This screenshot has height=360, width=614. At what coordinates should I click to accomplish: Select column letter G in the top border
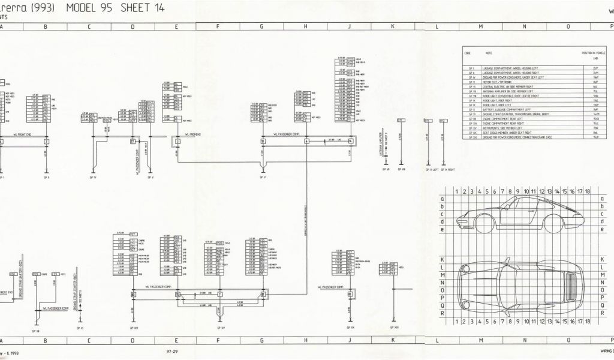[261, 26]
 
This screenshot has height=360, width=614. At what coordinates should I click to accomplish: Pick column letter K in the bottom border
[393, 340]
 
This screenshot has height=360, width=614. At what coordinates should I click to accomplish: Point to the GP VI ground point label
[262, 178]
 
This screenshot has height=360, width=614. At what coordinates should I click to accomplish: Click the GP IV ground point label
[94, 178]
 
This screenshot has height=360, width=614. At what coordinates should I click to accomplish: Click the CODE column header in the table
[468, 52]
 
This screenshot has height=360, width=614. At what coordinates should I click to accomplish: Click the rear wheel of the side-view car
[553, 223]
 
